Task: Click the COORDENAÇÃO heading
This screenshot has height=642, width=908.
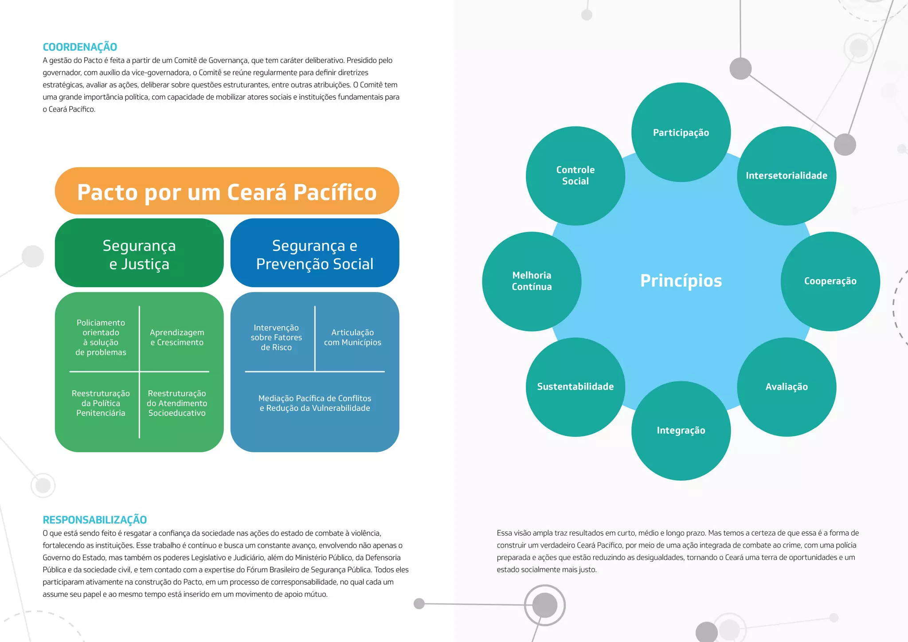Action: tap(80, 47)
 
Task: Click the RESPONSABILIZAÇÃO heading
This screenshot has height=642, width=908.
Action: tap(94, 520)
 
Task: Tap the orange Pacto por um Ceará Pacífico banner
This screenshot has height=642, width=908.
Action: tap(227, 192)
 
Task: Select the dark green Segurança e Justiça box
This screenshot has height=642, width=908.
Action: tap(139, 254)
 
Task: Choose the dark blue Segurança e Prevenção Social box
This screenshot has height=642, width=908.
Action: tap(315, 254)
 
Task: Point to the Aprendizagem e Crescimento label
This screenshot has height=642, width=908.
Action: tap(177, 337)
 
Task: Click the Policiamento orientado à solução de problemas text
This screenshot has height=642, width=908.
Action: tap(101, 337)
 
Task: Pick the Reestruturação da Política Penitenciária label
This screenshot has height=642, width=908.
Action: tap(101, 403)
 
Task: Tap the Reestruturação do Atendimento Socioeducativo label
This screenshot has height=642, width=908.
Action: tap(177, 403)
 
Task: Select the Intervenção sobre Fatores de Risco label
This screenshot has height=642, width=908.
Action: tap(276, 337)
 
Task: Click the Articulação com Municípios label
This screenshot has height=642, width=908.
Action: tap(352, 337)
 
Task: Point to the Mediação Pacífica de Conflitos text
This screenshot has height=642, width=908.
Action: tap(315, 399)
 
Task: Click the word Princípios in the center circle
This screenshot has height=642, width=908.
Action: tap(681, 281)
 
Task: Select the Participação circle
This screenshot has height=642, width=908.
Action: tap(681, 132)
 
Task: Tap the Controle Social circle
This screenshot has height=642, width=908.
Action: tap(575, 176)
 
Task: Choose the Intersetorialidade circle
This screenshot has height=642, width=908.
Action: tap(787, 176)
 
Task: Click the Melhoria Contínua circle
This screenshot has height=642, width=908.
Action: tap(532, 281)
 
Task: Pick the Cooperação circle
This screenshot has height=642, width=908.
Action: tap(830, 281)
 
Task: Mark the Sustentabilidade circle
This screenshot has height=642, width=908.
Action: tap(575, 387)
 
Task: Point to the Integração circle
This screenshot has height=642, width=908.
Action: tap(681, 430)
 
